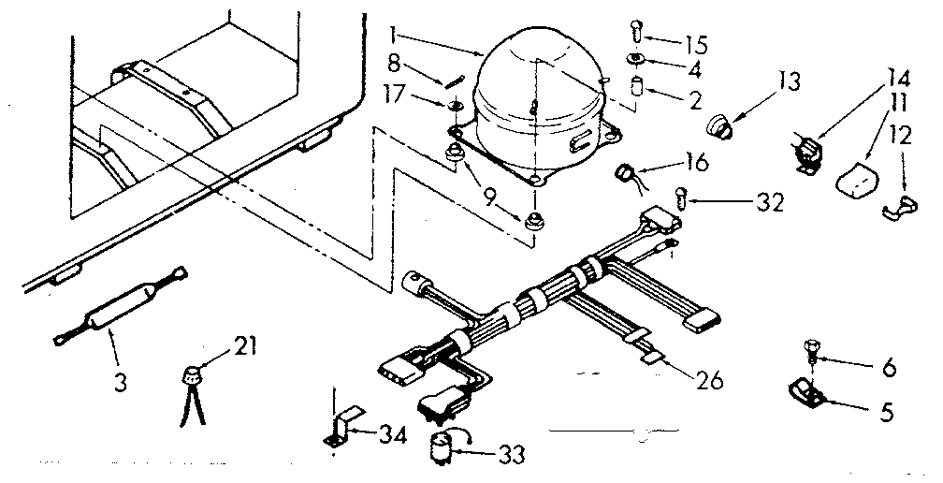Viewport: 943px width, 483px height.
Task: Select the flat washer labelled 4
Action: (636, 63)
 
